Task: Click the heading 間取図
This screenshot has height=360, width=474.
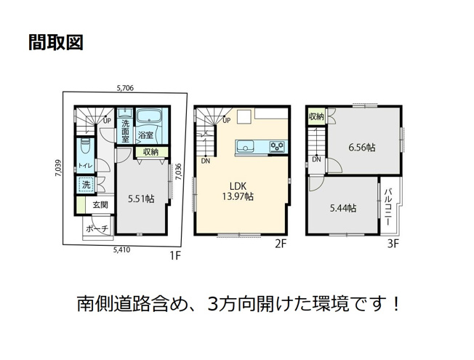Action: coord(57,42)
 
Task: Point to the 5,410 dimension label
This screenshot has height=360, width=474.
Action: coord(121,249)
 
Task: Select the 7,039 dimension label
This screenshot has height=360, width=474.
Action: coord(57,168)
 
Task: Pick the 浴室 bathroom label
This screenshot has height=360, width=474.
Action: coord(145,135)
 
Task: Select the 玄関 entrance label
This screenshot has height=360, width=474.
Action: coord(100,205)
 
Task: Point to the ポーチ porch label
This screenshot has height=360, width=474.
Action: coord(97,229)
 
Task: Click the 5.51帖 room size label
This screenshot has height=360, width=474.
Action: coord(140,197)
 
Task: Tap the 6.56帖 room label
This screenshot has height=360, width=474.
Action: coord(361,148)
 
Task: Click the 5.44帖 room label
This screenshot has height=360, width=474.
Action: coord(342,208)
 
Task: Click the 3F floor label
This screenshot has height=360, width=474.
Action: coord(393,244)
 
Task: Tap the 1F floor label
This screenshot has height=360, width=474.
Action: coord(174,255)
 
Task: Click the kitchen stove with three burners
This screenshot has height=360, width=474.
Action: coord(276,146)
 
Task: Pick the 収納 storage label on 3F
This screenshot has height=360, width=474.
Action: coord(316,116)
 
